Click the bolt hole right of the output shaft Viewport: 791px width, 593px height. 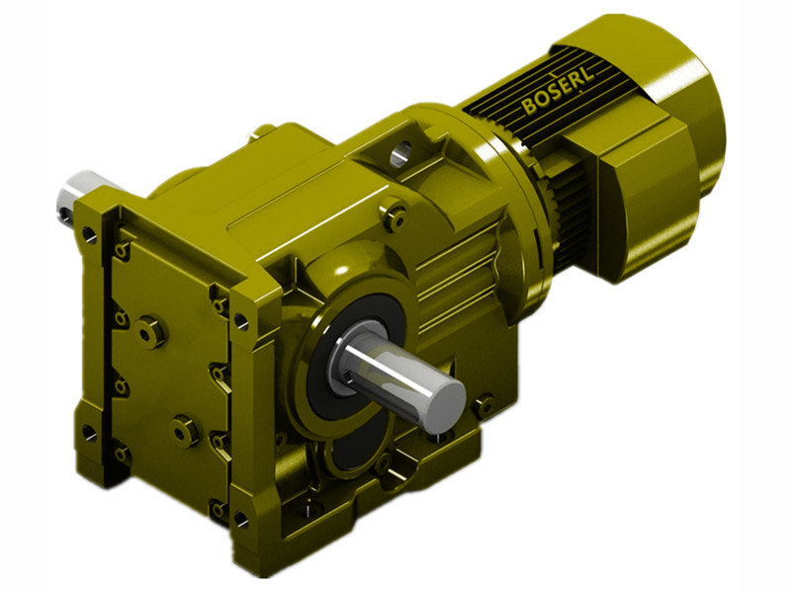coord(483,404)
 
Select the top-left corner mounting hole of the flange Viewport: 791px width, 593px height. coord(90,235)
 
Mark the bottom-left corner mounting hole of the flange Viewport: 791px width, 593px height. coord(91,433)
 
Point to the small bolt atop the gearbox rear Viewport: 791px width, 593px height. coord(265,129)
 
